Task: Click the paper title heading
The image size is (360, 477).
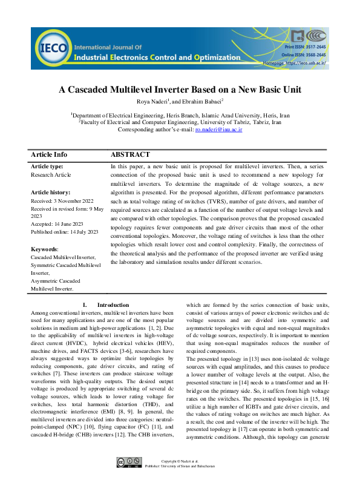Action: [180, 90]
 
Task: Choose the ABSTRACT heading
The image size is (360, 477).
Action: [130, 155]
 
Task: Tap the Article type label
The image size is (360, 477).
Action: [47, 166]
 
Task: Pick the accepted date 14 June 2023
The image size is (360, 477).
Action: [52, 229]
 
